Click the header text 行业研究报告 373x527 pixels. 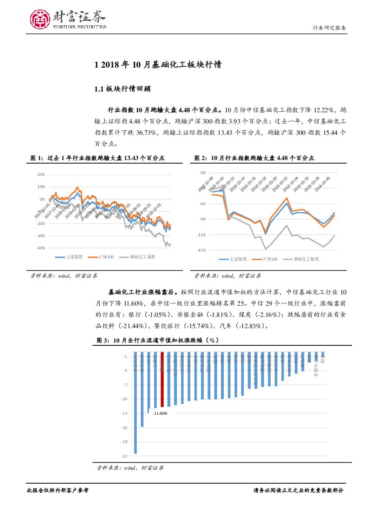[329, 27]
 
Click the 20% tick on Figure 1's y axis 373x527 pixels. [41, 174]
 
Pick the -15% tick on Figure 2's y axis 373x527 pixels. [202, 250]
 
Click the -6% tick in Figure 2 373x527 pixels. [203, 204]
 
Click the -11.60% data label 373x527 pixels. [160, 413]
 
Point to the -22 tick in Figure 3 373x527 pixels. [125, 456]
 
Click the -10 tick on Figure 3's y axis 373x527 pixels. [125, 399]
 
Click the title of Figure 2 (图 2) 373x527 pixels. [254, 158]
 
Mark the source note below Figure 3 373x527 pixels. [130, 468]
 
